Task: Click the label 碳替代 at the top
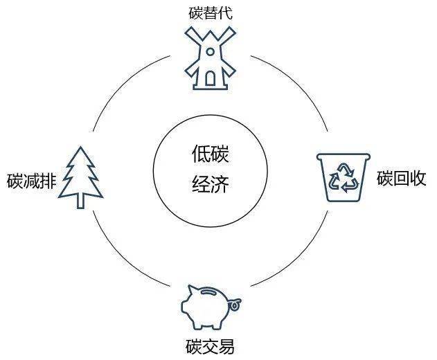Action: click(207, 13)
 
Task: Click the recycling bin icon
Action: click(344, 177)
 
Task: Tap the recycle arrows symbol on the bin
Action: click(344, 179)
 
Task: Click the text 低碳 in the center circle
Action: click(210, 154)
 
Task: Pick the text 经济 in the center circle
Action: click(210, 185)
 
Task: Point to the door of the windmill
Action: click(208, 80)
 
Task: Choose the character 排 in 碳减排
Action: click(48, 181)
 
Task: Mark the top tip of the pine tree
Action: click(82, 147)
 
